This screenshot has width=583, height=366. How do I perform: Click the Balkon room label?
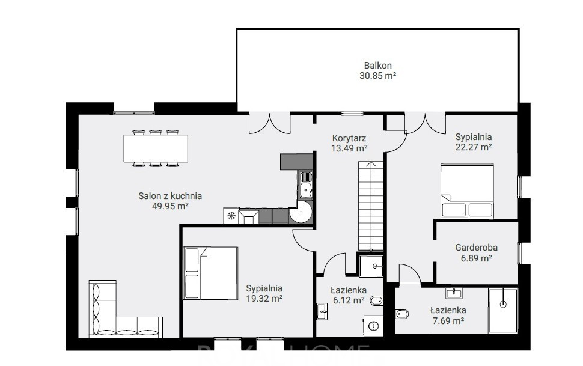pos(378,66)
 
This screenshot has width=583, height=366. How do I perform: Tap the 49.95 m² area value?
pos(170,206)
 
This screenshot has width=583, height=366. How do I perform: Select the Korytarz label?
pos(349,138)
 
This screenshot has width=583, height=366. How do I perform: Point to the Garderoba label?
pos(476,248)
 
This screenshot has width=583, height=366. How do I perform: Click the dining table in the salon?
pos(156,148)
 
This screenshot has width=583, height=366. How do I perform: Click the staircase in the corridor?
pos(371,206)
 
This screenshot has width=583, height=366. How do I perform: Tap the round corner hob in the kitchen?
pos(300,212)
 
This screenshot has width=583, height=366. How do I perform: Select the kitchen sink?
pos(306,185)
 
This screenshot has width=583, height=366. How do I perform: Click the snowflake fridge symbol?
pos(231,215)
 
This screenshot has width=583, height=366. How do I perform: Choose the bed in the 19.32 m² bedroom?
pos(210,273)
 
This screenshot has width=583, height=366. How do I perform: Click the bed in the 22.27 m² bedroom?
pos(468,191)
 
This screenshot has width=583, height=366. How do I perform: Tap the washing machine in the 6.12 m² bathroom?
pos(373,326)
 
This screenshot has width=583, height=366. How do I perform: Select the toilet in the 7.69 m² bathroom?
pos(402,314)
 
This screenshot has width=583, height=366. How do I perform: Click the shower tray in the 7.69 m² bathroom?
pos(503,311)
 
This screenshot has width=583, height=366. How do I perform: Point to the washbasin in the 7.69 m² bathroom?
pos(454,293)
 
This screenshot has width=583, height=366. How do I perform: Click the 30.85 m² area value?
pos(378,76)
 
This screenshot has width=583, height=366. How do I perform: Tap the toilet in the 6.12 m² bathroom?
pos(377,301)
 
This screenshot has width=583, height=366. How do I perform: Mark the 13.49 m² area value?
pos(349,148)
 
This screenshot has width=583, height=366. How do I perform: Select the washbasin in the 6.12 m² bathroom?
pos(322,311)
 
